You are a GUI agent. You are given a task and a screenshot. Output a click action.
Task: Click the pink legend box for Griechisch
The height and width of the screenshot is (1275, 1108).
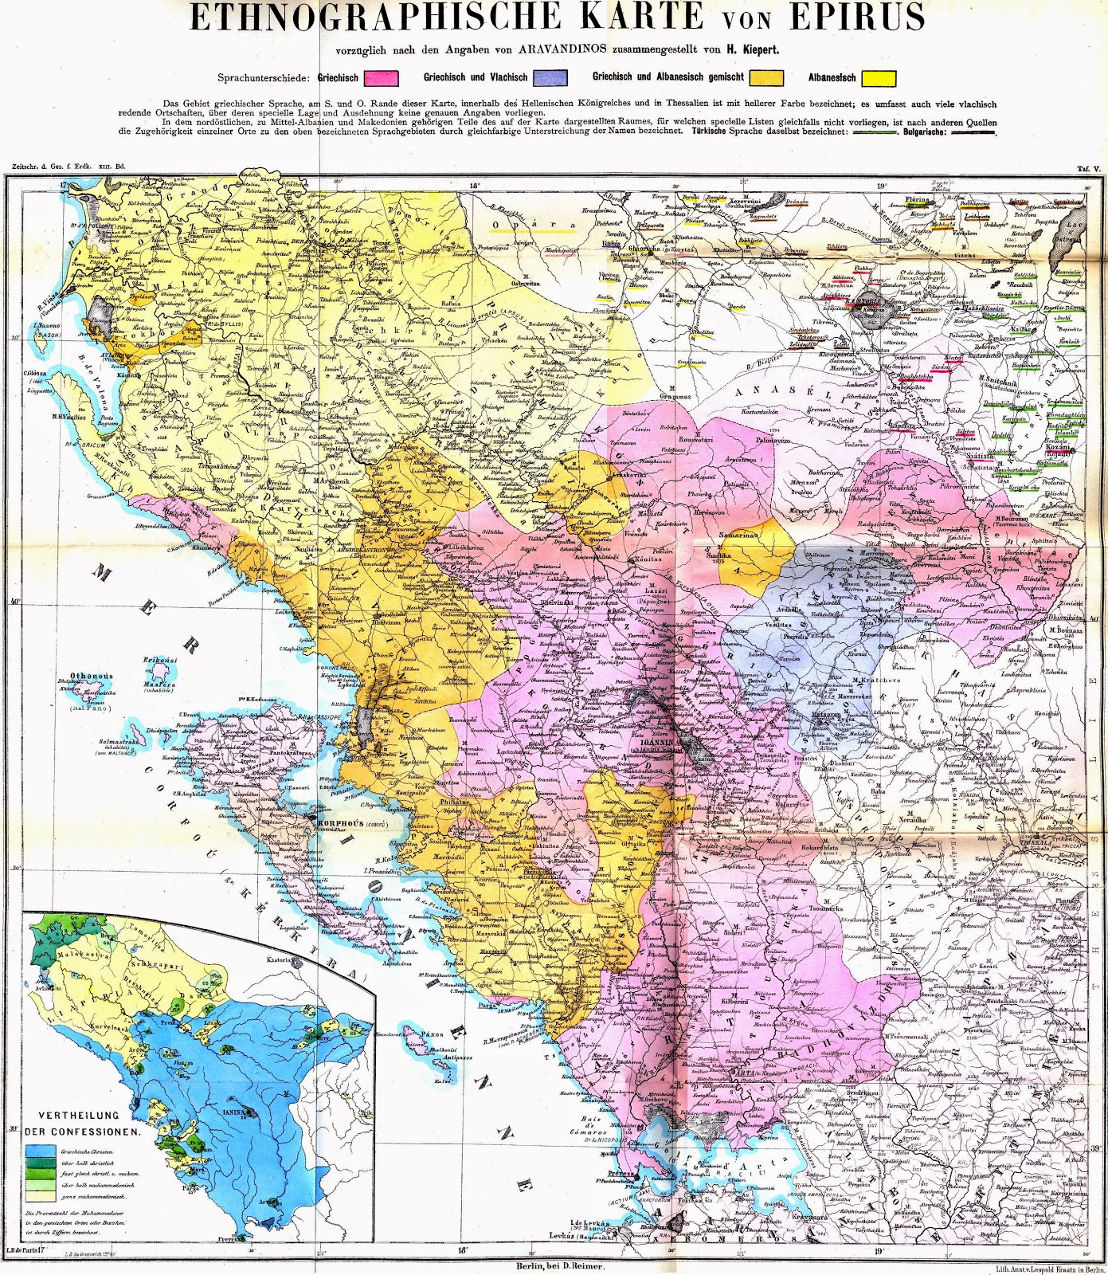[x=381, y=78]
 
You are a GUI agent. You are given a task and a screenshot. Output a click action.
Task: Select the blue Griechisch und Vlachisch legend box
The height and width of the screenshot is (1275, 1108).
[x=550, y=77]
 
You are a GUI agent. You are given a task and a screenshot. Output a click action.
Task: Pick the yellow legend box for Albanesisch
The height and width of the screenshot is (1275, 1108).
[x=879, y=78]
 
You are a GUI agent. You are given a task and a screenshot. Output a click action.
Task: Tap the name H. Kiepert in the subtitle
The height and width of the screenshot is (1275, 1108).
[x=751, y=49]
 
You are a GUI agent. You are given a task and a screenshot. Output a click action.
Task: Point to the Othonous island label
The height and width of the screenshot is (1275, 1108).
[x=91, y=676]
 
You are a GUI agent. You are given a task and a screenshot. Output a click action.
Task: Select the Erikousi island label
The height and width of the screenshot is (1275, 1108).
[x=159, y=661]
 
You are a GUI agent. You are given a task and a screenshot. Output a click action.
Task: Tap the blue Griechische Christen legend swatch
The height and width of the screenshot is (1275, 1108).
[x=40, y=1152]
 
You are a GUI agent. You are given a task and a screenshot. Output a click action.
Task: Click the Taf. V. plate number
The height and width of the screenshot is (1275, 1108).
[x=1087, y=169]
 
